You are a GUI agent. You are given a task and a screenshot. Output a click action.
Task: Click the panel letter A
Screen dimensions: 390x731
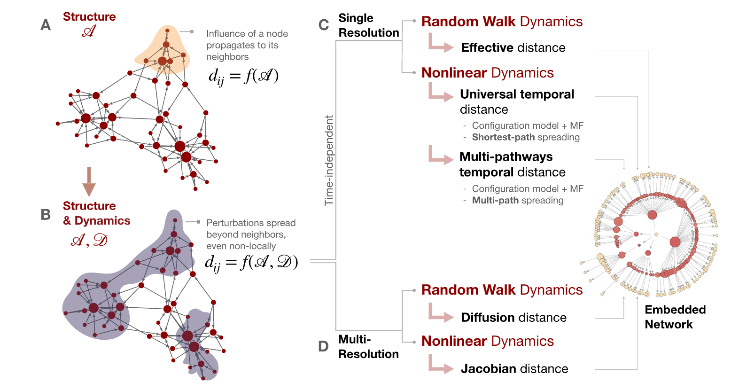46,25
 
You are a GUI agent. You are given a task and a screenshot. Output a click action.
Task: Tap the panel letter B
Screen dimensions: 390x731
46,215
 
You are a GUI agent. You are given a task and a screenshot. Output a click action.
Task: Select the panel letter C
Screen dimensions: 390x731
324,25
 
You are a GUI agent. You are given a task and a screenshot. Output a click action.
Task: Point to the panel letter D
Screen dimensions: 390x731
323,347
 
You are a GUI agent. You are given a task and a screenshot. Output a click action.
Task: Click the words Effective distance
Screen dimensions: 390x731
513,47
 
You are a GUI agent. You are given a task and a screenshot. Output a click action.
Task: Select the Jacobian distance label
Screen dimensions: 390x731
514,369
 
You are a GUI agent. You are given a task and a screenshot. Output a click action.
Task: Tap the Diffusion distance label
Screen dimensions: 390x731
513,318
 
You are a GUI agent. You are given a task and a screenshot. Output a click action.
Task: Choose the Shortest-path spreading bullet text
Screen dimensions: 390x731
526,137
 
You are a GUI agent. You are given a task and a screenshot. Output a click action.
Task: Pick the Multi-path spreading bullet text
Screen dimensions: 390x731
518,200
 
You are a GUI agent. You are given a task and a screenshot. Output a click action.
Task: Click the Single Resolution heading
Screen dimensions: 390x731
368,25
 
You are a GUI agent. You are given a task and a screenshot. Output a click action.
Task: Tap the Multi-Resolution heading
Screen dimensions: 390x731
368,347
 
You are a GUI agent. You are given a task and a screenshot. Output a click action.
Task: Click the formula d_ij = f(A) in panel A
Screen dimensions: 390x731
243,76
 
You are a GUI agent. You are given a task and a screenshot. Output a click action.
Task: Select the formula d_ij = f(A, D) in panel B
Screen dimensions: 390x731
251,262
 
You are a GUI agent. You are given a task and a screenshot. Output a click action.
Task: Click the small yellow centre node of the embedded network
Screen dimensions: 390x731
656,234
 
